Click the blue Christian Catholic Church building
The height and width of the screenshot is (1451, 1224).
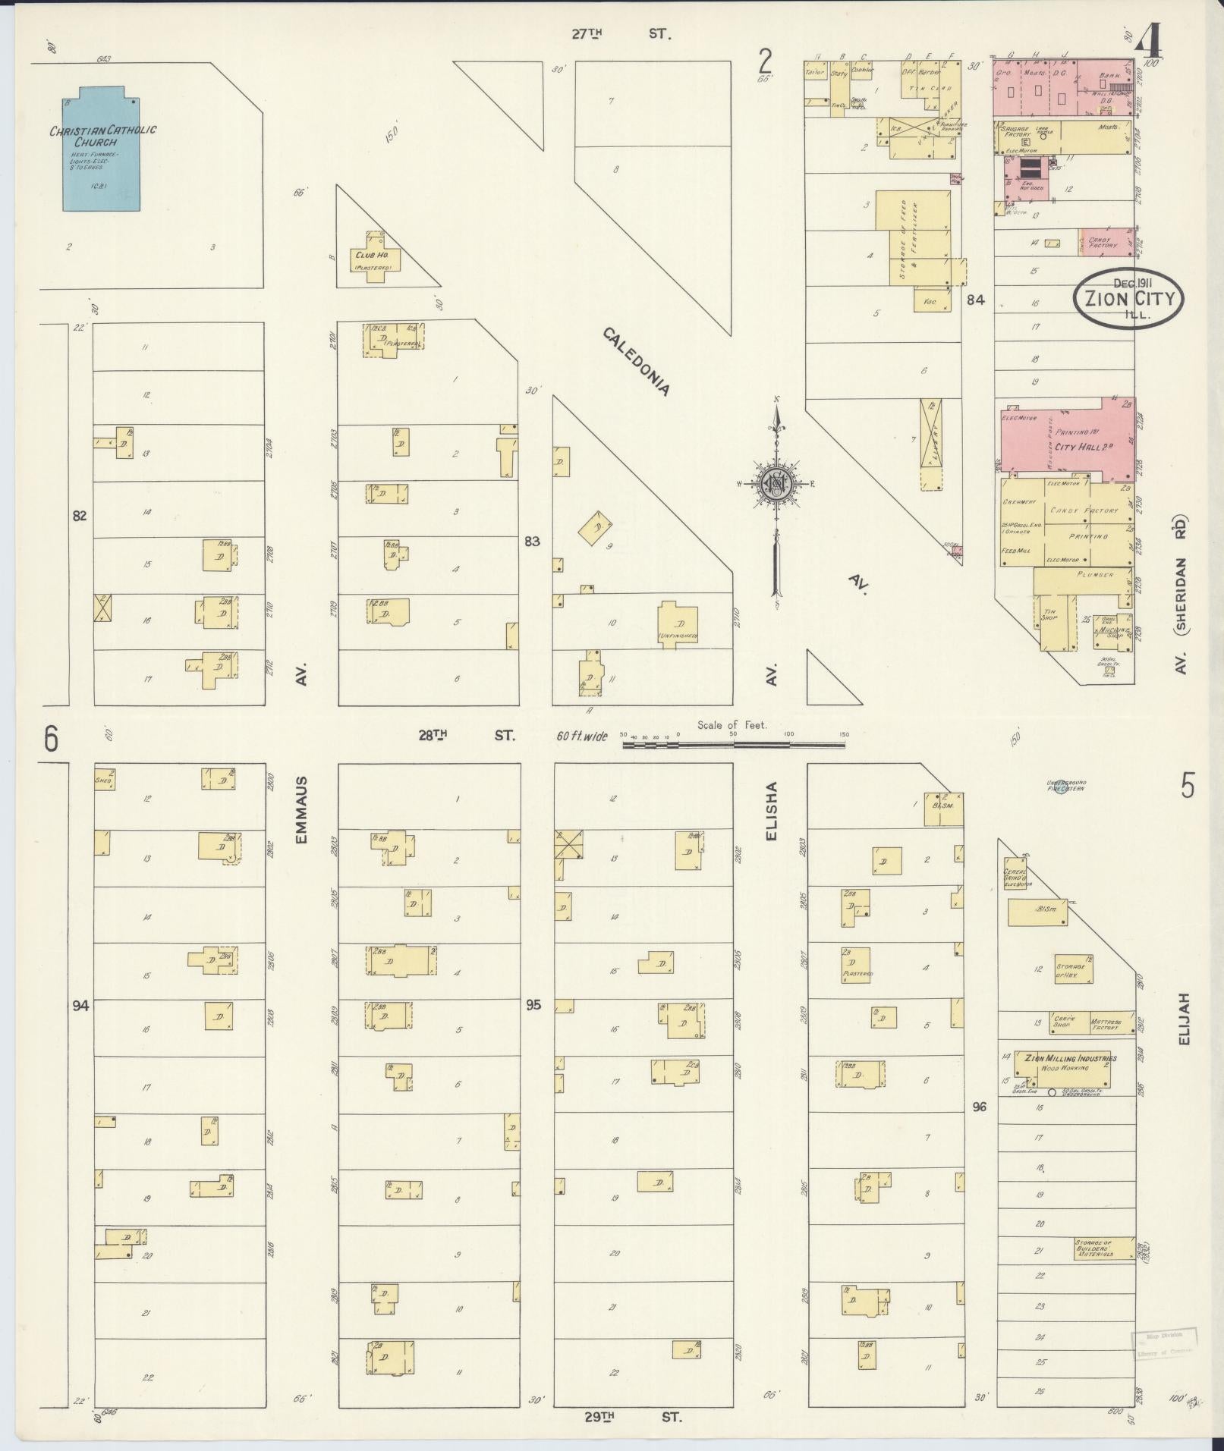(102, 152)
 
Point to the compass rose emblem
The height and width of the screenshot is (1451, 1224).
(776, 483)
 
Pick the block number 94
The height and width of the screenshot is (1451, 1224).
(80, 1006)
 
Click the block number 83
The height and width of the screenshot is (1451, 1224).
(532, 542)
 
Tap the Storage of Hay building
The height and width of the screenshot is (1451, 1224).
(1073, 969)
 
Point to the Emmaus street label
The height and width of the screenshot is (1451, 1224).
(301, 809)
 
